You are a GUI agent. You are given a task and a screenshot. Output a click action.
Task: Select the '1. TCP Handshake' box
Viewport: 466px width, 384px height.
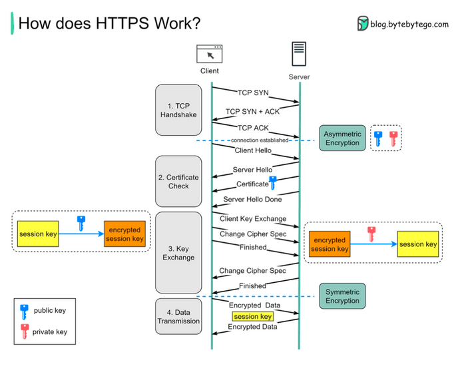[x=178, y=110]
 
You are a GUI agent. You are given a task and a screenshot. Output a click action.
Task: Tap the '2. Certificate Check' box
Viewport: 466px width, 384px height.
[x=178, y=181]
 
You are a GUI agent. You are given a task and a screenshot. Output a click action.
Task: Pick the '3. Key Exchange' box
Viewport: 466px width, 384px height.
[x=178, y=252]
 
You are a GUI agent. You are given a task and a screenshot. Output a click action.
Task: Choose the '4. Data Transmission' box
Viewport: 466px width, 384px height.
[x=178, y=316]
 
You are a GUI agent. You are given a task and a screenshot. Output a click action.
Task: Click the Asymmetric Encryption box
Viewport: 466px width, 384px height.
[x=342, y=138]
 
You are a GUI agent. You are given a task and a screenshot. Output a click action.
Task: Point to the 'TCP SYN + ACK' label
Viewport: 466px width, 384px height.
[x=252, y=112]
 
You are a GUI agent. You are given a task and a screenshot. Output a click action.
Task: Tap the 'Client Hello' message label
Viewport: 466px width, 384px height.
[x=252, y=151]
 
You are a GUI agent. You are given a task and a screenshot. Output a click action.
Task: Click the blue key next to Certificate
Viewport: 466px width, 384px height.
[x=272, y=183]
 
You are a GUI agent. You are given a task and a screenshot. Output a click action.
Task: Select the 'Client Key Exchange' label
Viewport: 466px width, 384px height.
[x=253, y=219]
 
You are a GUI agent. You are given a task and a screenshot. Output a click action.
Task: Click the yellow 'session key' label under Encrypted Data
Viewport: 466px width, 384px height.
[x=252, y=317]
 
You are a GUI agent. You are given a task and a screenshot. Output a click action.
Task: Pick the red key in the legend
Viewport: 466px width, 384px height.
[x=24, y=331]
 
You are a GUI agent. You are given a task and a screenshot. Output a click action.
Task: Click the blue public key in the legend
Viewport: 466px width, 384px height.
[x=24, y=311]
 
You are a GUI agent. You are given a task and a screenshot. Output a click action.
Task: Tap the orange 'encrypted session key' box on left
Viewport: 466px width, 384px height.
[x=124, y=234]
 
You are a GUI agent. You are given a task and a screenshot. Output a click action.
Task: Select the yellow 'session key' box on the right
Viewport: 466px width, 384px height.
[x=418, y=244]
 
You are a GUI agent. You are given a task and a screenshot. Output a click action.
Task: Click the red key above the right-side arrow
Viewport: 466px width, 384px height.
[x=372, y=234]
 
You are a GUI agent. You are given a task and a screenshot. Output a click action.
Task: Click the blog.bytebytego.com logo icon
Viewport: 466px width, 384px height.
[x=363, y=24]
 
